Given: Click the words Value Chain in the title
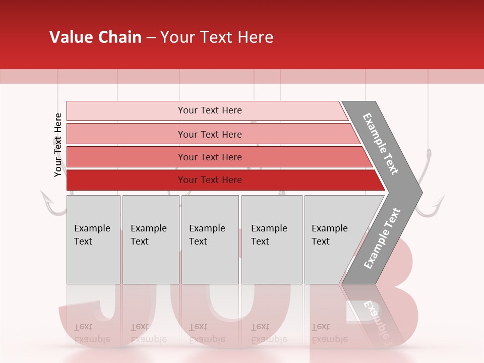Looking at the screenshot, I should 95,37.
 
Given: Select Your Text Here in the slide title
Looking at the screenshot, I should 217,37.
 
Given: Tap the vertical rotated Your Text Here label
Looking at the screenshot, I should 58,145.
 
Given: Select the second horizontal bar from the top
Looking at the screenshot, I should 209,134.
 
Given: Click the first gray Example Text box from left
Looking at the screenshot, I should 93,239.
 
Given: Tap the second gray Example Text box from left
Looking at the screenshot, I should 150,239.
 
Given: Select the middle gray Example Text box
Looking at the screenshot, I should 210,239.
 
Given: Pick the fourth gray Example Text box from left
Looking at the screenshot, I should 272,239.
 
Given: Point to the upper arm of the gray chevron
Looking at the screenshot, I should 381,144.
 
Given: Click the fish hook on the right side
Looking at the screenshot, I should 431,202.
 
